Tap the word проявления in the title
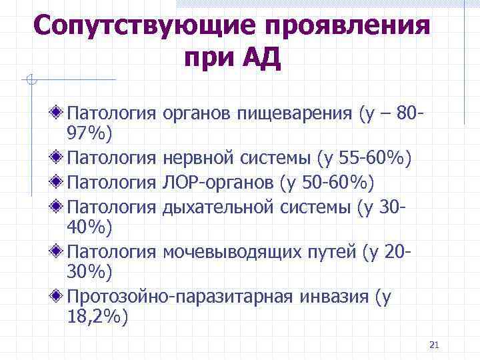[x=347, y=27]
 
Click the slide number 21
[x=435, y=345]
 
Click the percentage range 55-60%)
[x=376, y=157]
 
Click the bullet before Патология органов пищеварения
[x=59, y=109]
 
